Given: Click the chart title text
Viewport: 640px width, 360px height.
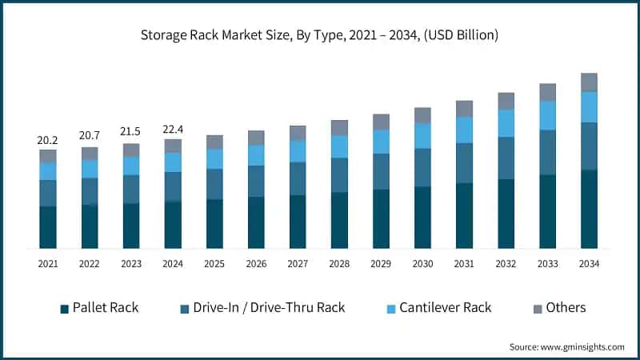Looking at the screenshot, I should coord(320,35).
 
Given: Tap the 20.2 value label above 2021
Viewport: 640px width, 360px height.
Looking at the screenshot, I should coord(48,140).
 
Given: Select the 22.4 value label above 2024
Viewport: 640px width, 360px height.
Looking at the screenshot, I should coord(173,130).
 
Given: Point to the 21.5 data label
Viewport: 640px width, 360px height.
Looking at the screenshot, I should coord(131,134).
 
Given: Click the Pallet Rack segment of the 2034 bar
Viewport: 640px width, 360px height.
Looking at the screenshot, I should coord(589,209).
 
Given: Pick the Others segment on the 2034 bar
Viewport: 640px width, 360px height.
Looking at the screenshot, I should coord(589,82).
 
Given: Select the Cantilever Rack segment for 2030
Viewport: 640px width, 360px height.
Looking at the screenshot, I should coord(422,136).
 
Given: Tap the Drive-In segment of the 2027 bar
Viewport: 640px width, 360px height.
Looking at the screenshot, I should coord(298,178).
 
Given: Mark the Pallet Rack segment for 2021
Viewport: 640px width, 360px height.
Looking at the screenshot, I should coord(48,227).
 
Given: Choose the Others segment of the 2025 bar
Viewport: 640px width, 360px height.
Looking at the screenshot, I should coord(214,142).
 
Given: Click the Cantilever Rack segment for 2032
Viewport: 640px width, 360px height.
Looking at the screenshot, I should coord(506,123).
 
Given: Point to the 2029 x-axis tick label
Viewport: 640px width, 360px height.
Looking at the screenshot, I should coord(381,263).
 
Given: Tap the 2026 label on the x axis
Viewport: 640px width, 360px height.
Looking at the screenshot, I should coord(256,263).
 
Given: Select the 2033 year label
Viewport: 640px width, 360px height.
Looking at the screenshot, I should coord(547,263).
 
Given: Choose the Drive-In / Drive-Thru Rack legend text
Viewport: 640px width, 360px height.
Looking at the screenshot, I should coord(268,308).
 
